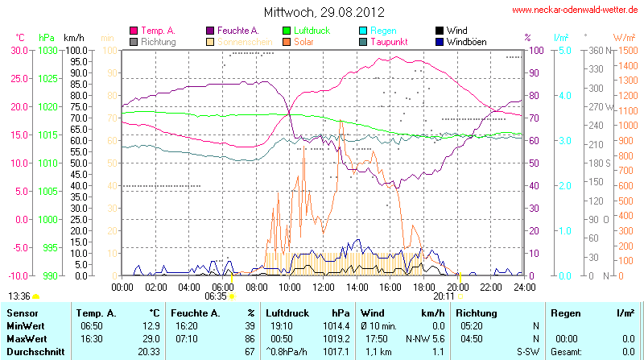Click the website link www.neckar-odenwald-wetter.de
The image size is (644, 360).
pos(575,10)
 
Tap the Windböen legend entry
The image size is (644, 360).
pos(466,41)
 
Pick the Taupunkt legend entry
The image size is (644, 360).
pos(392,41)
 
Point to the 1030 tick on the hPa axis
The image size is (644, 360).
pos(47,50)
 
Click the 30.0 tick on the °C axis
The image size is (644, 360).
pos(18,50)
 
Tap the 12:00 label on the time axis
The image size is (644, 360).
pos(323,286)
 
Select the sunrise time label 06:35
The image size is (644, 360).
pos(216,296)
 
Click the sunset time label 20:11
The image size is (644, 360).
pos(444,296)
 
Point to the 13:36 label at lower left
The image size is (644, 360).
pos(19,296)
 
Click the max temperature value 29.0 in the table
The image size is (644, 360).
pos(151,338)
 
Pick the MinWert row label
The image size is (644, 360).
pos(24,325)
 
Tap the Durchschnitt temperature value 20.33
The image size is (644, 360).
pos(149,352)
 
